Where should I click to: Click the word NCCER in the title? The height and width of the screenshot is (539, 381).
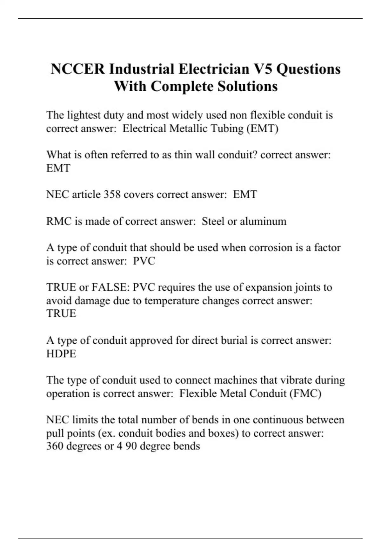(77, 69)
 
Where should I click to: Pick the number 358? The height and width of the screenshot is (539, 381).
(112, 194)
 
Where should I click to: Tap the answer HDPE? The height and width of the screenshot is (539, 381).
(61, 354)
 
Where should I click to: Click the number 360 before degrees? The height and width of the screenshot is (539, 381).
(55, 446)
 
